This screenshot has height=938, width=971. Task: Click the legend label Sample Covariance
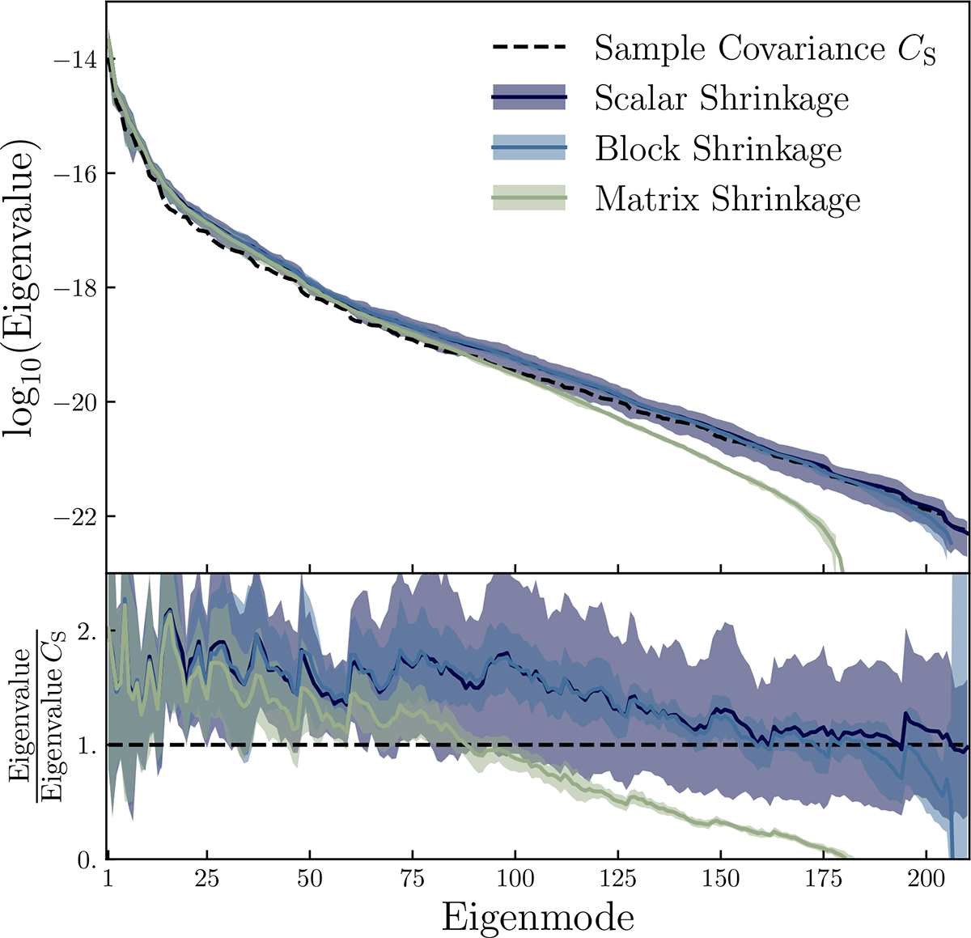(x=765, y=49)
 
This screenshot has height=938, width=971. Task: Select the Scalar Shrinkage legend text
(x=722, y=99)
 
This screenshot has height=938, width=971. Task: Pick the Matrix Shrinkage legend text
(x=727, y=199)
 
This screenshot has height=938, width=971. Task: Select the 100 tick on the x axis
(x=515, y=880)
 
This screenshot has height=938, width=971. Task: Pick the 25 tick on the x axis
(x=207, y=880)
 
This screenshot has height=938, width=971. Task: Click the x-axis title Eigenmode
(x=537, y=917)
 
